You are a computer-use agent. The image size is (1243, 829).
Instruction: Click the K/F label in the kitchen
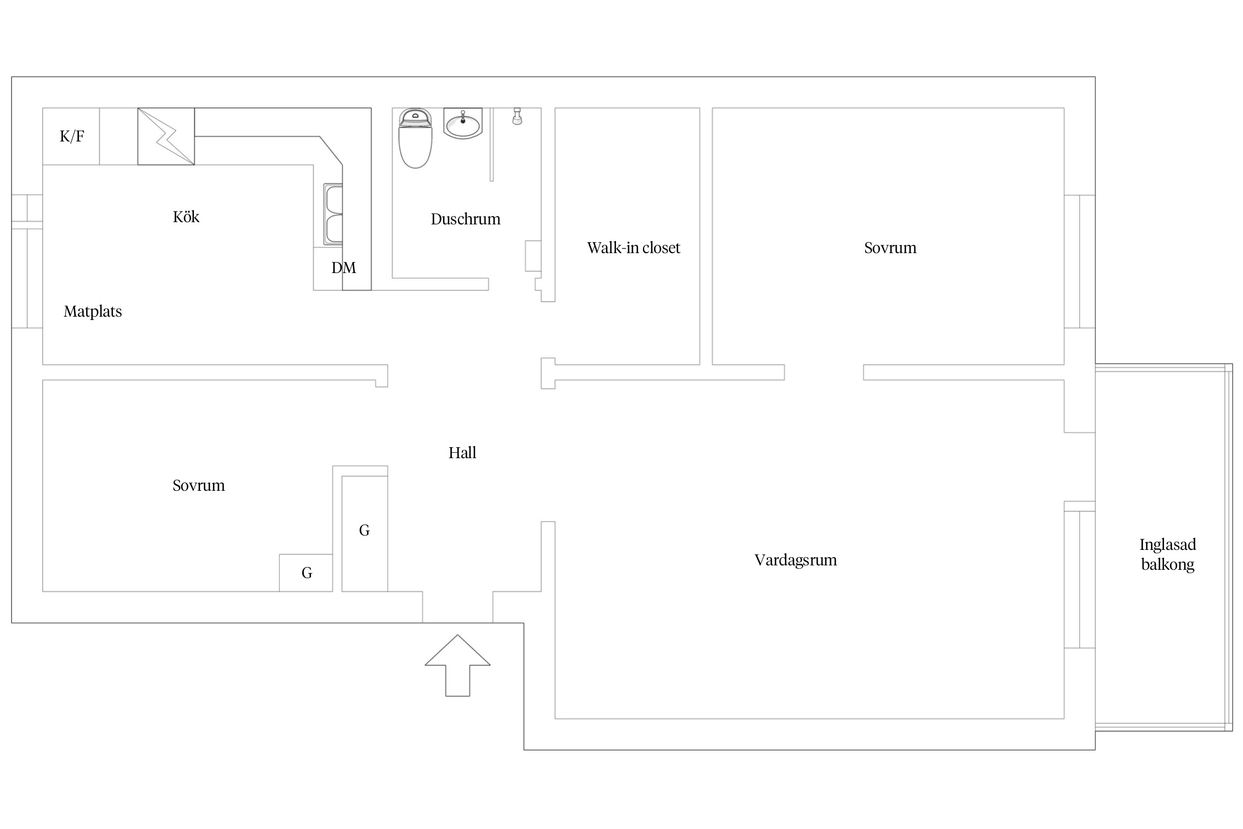(x=72, y=137)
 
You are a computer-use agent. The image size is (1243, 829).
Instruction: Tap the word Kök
(x=186, y=217)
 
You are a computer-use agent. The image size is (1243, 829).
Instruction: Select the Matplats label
(x=93, y=312)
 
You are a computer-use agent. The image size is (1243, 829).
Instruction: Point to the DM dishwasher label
(x=344, y=268)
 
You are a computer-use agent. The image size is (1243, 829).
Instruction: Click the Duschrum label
(x=466, y=219)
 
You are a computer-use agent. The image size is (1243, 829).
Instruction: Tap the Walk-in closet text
(x=634, y=248)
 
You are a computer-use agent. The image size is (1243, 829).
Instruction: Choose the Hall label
(x=462, y=453)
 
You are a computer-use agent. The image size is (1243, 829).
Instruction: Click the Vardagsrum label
(x=796, y=560)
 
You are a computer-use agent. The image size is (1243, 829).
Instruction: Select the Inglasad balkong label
(x=1168, y=554)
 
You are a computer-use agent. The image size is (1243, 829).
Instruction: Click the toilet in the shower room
(x=415, y=138)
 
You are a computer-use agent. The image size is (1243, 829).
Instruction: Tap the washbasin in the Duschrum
(x=463, y=123)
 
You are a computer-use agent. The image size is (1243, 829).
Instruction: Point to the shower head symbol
(x=517, y=116)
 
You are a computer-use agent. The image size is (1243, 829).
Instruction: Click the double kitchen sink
(x=333, y=214)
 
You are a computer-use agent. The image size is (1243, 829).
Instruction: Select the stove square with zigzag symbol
(x=166, y=137)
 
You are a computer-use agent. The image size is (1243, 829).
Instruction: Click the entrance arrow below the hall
(x=457, y=665)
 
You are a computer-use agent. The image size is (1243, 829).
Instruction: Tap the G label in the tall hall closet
(x=365, y=531)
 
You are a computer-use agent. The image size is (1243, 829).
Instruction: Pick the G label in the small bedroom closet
(x=307, y=573)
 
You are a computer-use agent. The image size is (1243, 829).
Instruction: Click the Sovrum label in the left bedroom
(x=199, y=486)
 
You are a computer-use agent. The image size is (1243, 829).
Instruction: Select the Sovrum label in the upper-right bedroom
(x=891, y=248)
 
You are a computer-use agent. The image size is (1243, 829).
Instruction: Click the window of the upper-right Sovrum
(x=1079, y=262)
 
